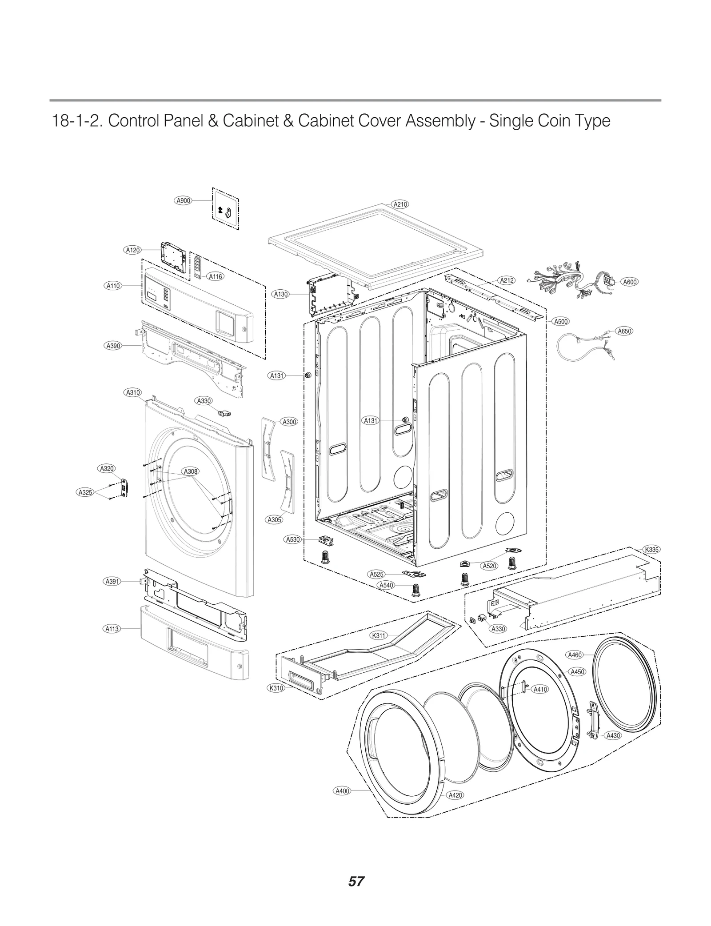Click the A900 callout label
183,200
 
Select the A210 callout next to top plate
400,204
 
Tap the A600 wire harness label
630,282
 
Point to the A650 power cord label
624,331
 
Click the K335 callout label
651,550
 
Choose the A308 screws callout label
191,471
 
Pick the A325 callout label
85,492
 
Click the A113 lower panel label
112,629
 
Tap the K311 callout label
378,635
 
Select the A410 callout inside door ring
540,689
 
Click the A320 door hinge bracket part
124,488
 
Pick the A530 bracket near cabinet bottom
327,541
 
